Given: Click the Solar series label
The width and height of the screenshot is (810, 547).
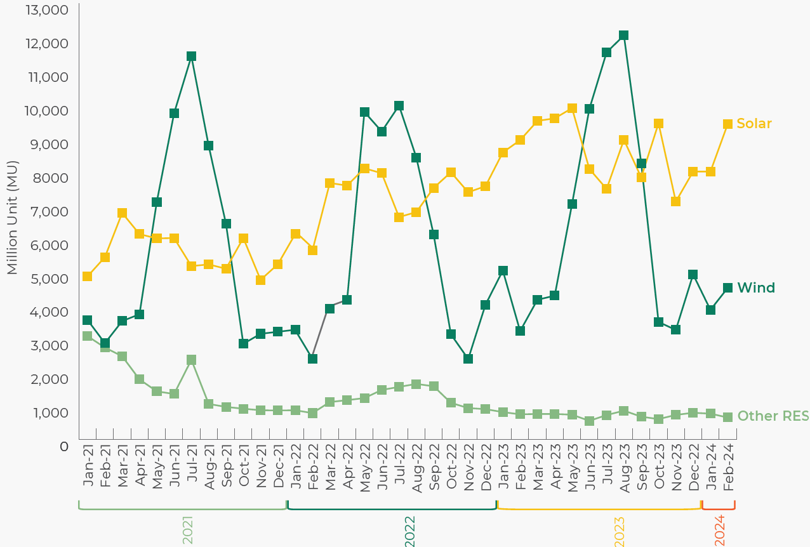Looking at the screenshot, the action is tap(754, 124).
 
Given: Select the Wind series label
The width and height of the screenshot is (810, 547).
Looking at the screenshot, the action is tap(756, 288).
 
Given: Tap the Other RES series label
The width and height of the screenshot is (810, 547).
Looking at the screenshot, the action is tap(773, 416).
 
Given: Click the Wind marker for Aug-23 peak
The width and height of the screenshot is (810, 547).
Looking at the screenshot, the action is tap(623, 36).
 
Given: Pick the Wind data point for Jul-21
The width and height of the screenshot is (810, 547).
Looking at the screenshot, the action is tap(191, 56).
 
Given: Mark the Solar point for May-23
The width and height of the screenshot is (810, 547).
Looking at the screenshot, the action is tap(572, 108).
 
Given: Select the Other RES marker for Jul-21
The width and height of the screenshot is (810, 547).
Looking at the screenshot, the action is tap(191, 360).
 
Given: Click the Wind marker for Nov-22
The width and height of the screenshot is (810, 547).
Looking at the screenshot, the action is tap(468, 359).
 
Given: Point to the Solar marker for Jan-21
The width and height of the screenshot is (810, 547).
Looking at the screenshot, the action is tap(87, 277).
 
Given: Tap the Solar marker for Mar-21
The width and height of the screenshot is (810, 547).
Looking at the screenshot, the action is tap(122, 213).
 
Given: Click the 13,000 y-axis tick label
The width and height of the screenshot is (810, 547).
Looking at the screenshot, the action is tap(47, 10).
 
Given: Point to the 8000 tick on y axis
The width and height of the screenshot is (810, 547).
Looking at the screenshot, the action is tap(50, 178).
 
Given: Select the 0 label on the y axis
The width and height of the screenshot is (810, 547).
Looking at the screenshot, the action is tap(64, 447).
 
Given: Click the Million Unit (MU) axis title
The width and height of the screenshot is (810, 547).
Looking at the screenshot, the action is tap(12, 218).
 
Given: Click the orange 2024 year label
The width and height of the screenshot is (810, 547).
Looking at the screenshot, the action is tap(720, 531).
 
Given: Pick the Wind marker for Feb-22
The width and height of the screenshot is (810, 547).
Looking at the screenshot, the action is tap(312, 359).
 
